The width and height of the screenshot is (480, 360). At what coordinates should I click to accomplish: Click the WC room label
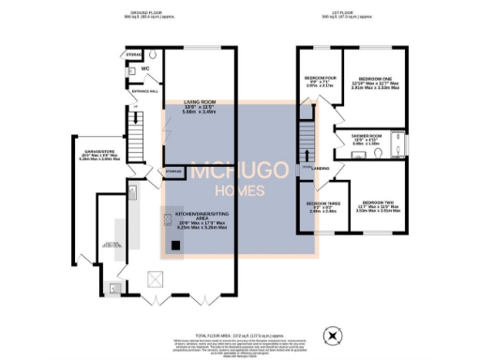coord(146,68)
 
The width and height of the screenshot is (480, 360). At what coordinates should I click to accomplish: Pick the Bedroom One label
coord(373,81)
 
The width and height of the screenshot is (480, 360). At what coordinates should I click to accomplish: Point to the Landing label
coord(320,156)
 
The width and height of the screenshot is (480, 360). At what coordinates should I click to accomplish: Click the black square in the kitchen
coord(175,247)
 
